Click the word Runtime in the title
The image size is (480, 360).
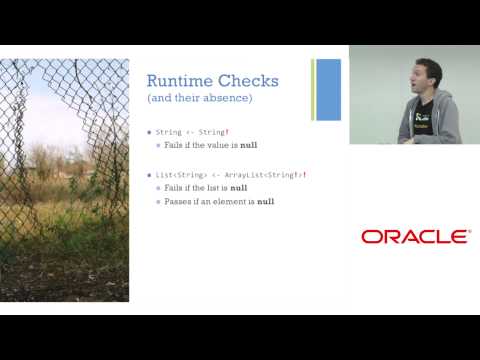tap(175, 80)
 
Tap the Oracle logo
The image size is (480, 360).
tap(414, 237)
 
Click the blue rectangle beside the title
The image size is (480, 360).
tap(329, 89)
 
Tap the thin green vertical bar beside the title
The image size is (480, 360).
tap(313, 89)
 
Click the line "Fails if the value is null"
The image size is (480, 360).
tap(208, 145)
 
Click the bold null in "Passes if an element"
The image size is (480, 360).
tap(265, 202)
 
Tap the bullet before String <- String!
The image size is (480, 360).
tap(149, 131)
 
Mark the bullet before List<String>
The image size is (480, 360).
tap(149, 175)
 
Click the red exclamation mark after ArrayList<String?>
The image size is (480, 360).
tap(304, 175)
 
